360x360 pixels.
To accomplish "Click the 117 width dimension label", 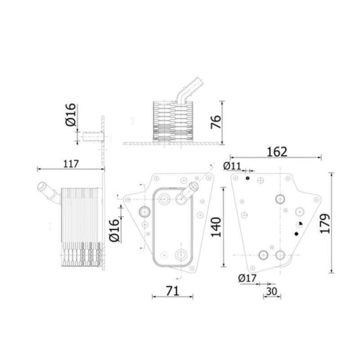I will coord(71,164).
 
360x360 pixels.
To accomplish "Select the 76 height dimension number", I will coord(216,122).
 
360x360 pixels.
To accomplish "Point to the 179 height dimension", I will coord(324,223).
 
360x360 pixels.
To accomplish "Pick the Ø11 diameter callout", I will coord(232,166).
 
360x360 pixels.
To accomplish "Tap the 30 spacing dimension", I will coord(271,291).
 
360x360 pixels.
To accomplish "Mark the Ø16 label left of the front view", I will coord(114,230).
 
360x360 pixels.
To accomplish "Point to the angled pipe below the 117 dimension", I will coord(48,192).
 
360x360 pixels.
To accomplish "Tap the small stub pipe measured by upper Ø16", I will coord(91,136).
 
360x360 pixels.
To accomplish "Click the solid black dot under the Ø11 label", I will coord(247,179).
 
